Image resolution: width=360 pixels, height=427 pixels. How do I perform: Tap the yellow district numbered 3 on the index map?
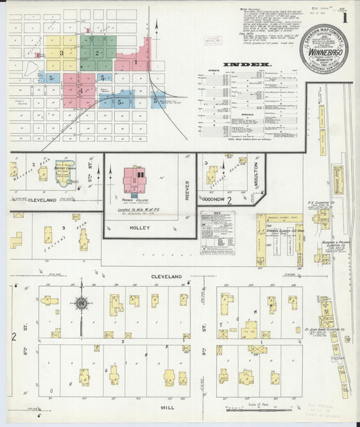(61, 52)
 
